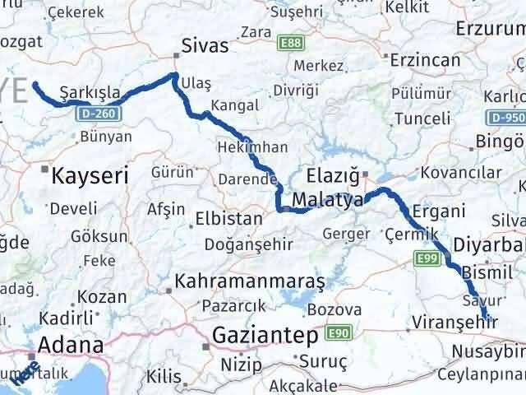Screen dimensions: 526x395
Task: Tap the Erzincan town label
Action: tap(425, 61)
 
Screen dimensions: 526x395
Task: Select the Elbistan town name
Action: tap(228, 220)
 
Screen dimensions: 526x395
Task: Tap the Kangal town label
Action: tap(234, 105)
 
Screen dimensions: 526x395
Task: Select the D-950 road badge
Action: tap(511, 118)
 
